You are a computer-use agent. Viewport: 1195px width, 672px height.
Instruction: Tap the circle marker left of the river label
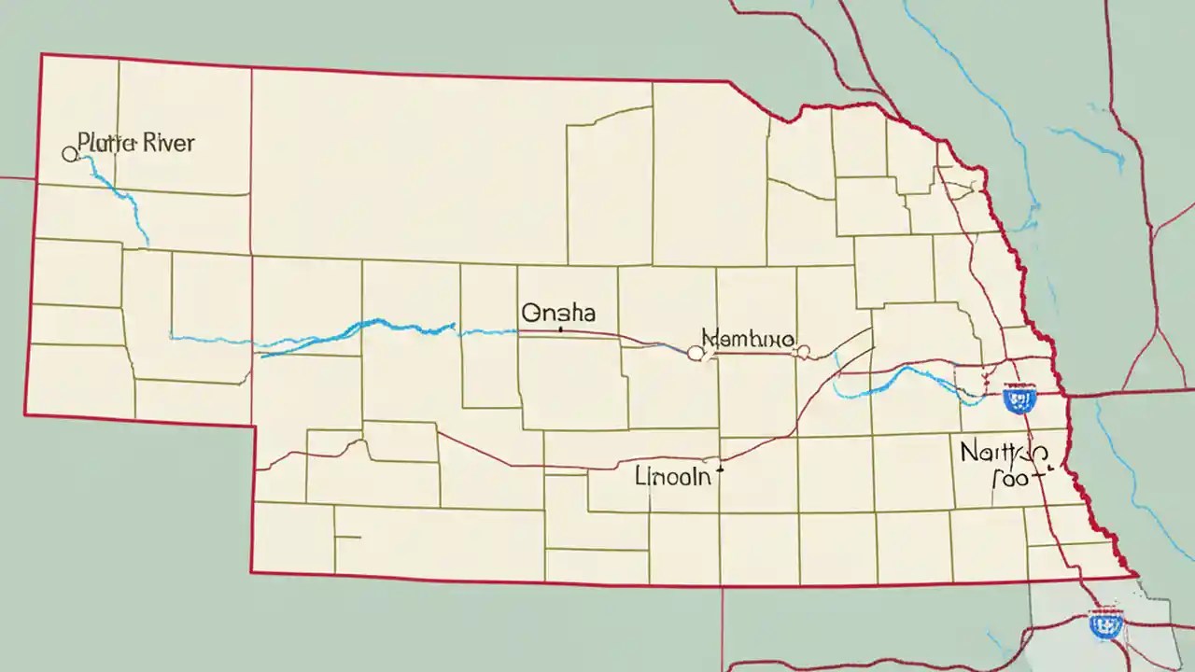click(x=69, y=154)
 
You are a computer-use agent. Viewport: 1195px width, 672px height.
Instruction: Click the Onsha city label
click(x=559, y=312)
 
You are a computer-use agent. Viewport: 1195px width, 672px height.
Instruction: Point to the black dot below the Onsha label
click(x=559, y=329)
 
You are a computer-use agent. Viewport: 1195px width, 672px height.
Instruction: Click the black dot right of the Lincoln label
click(x=719, y=472)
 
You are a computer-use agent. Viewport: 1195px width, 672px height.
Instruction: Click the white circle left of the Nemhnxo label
click(x=695, y=353)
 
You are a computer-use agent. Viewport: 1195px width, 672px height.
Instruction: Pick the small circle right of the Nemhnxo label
click(x=804, y=352)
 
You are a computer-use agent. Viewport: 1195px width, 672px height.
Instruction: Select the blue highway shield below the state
click(x=1106, y=623)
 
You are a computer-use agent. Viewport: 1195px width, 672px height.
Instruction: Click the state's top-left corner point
click(x=41, y=55)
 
